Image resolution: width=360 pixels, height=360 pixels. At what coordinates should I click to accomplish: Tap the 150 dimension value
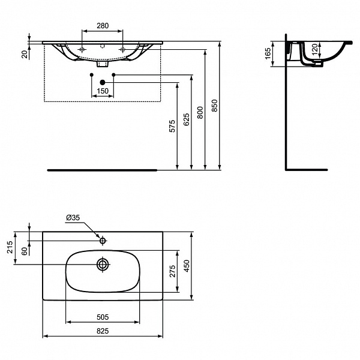[102, 91]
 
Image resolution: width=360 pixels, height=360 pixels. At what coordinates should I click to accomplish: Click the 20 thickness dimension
[24, 54]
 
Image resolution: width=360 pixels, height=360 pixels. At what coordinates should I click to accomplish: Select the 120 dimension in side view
[314, 50]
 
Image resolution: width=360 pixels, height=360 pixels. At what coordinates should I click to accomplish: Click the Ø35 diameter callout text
[73, 218]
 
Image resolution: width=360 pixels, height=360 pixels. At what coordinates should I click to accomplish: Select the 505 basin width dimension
[102, 317]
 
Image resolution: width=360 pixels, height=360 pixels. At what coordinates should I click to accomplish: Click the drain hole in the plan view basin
[103, 264]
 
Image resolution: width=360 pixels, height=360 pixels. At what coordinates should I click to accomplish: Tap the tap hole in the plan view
[103, 241]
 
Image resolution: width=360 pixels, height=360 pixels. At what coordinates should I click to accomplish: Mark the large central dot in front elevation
[102, 82]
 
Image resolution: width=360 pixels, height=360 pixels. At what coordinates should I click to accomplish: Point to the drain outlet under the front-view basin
[102, 62]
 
